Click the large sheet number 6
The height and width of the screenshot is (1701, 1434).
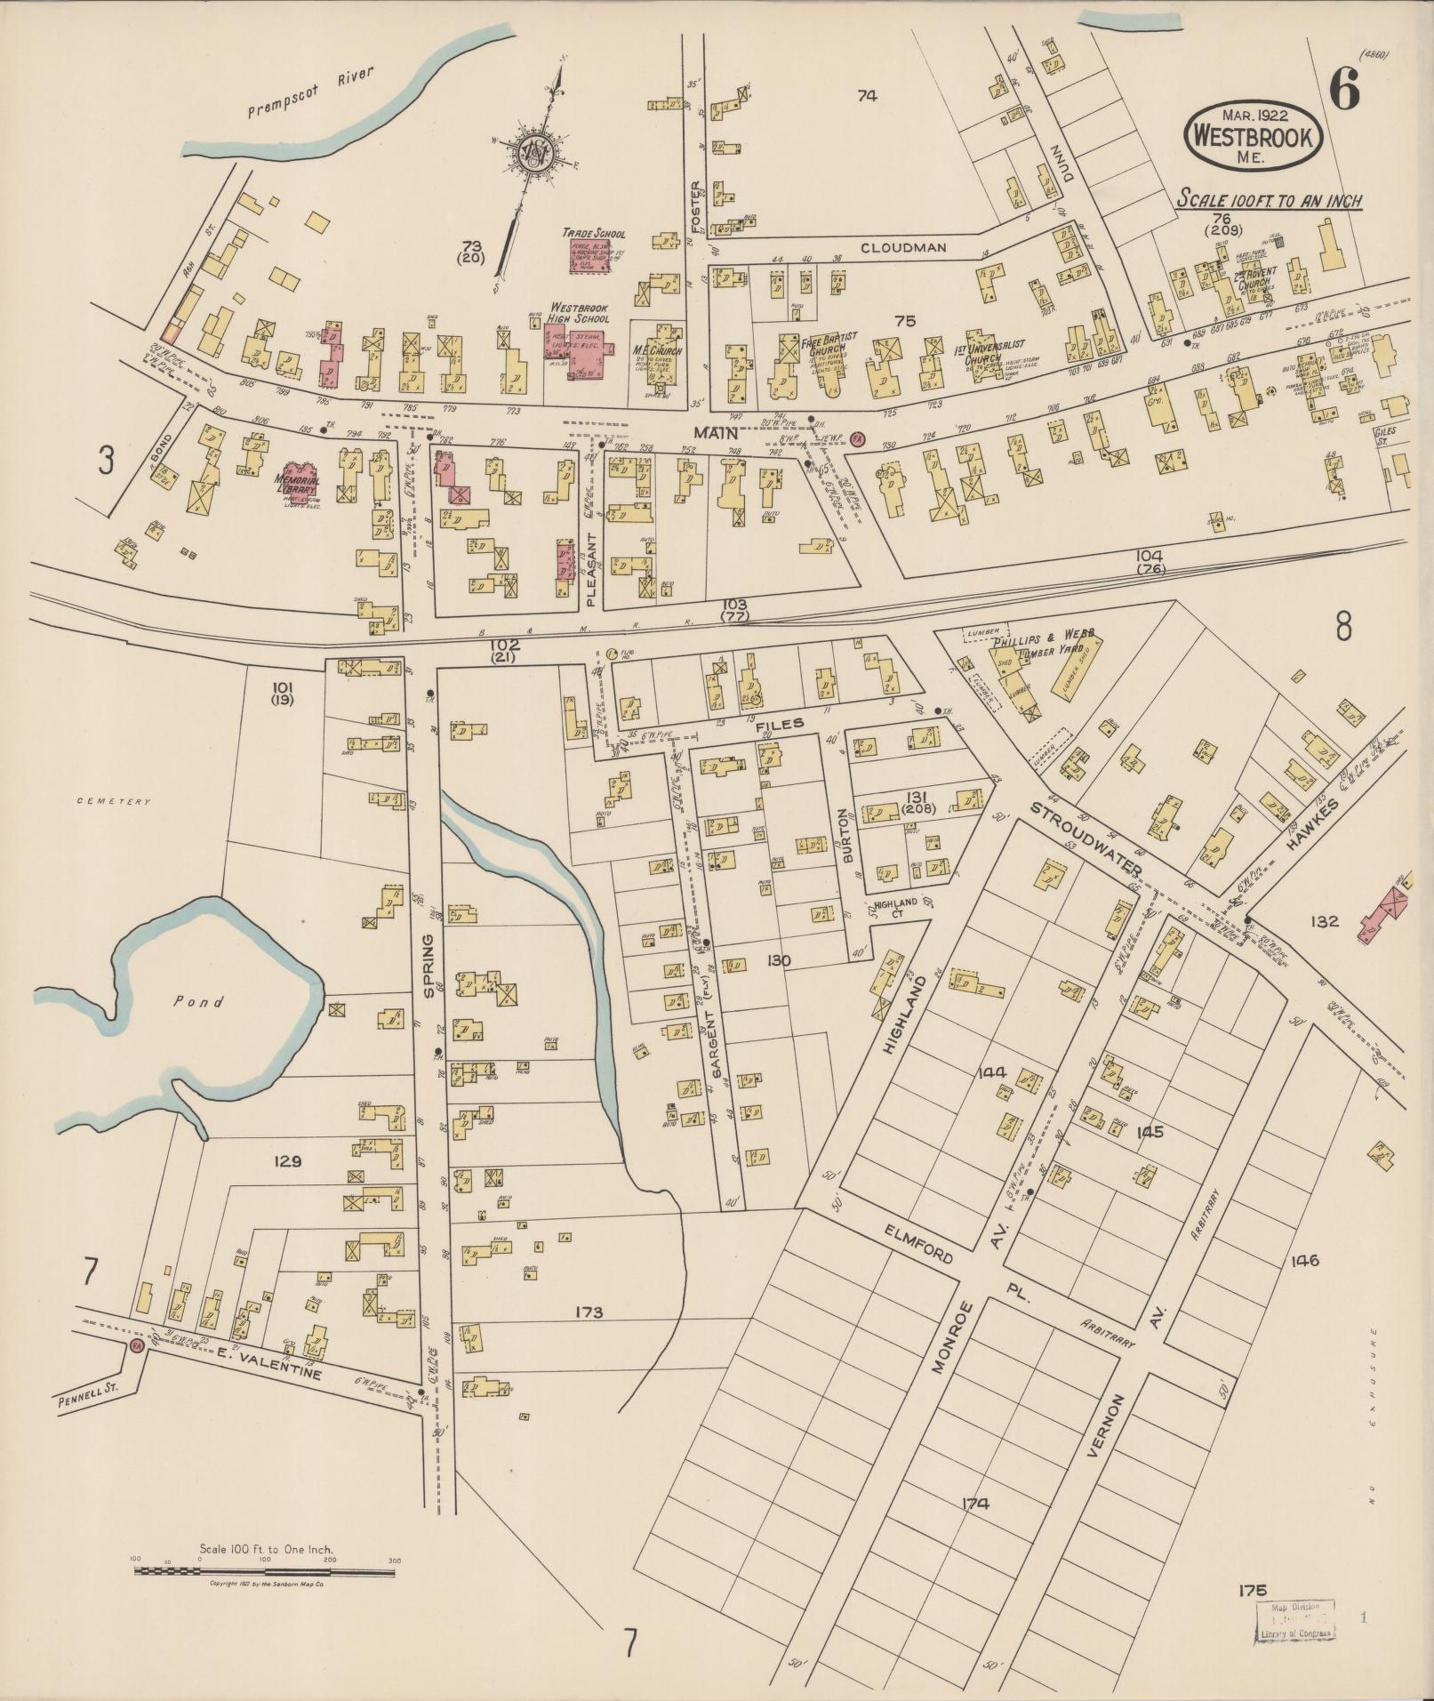click(x=1345, y=89)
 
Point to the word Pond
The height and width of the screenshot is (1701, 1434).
click(x=198, y=1000)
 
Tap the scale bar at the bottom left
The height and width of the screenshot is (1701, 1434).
click(x=265, y=1571)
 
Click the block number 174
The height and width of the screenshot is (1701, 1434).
click(x=975, y=1504)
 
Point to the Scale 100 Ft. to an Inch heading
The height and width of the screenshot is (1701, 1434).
click(x=1270, y=200)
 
